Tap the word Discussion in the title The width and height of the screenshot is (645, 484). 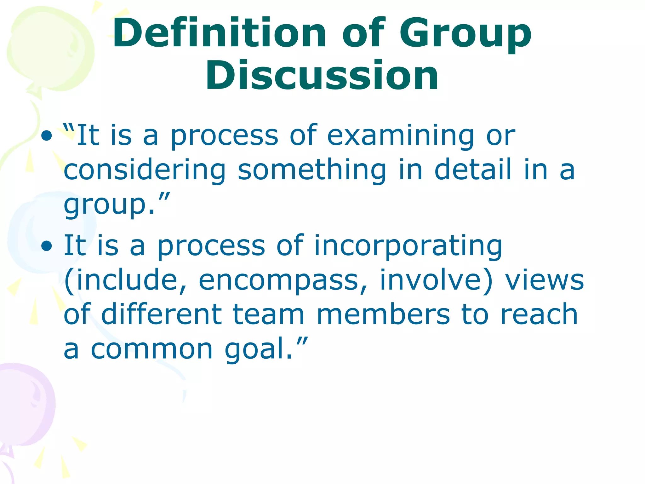322,76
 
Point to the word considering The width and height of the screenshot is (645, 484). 145,170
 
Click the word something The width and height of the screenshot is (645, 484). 312,170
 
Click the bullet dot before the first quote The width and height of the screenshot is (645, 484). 46,136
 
